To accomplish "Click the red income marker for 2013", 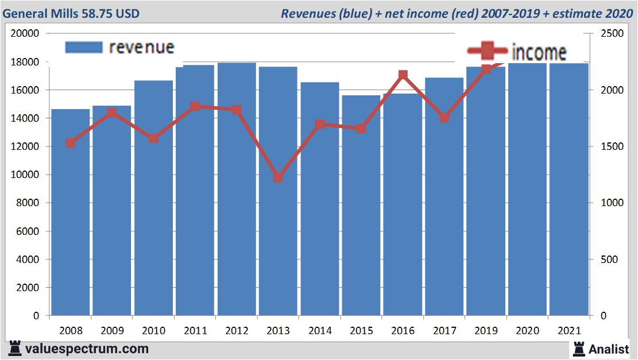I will coord(278,177).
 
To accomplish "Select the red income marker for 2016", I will coord(403,75).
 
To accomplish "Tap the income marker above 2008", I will coord(71,142).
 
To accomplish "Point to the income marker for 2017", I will coord(444,118).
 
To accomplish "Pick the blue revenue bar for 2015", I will coord(361,207).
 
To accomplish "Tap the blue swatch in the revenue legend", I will coord(83,47).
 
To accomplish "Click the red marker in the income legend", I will coord(486,51).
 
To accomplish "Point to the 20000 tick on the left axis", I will coord(25,34).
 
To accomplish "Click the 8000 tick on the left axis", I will coord(28,203).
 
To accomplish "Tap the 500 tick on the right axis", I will coord(609,260).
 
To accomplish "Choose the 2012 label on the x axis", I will coord(237,331).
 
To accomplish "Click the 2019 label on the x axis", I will coord(485,331).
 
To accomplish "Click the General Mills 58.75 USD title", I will coord(71,13).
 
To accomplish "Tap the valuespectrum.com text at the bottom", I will coord(87,349).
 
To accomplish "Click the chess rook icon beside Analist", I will coord(578,349).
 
